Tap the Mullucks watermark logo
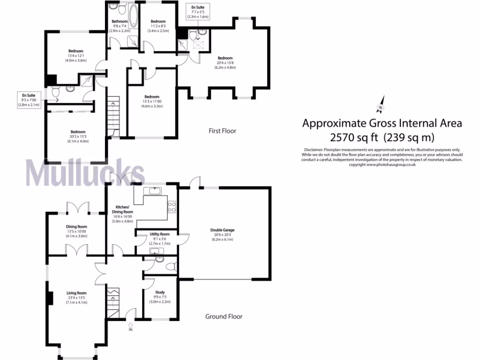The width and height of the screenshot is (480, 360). point(85,172)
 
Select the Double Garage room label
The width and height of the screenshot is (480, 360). point(222,234)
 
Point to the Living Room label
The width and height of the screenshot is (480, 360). point(76,298)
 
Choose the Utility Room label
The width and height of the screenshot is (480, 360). point(159,239)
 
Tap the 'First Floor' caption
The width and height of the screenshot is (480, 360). point(222,131)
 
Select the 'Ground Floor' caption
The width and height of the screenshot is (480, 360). point(224,316)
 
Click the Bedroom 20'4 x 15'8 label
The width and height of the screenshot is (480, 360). point(225,62)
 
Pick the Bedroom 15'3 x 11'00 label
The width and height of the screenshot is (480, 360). point(152,102)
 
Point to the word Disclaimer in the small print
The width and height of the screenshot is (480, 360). point(314,149)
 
